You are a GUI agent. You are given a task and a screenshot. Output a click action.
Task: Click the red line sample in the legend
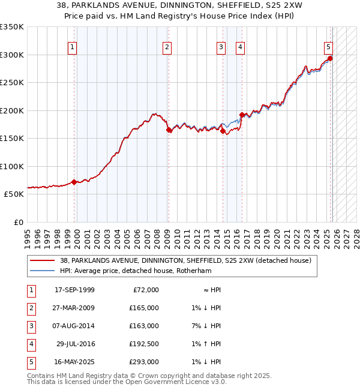coord(42,261)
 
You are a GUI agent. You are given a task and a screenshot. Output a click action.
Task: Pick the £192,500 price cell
coord(145,344)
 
